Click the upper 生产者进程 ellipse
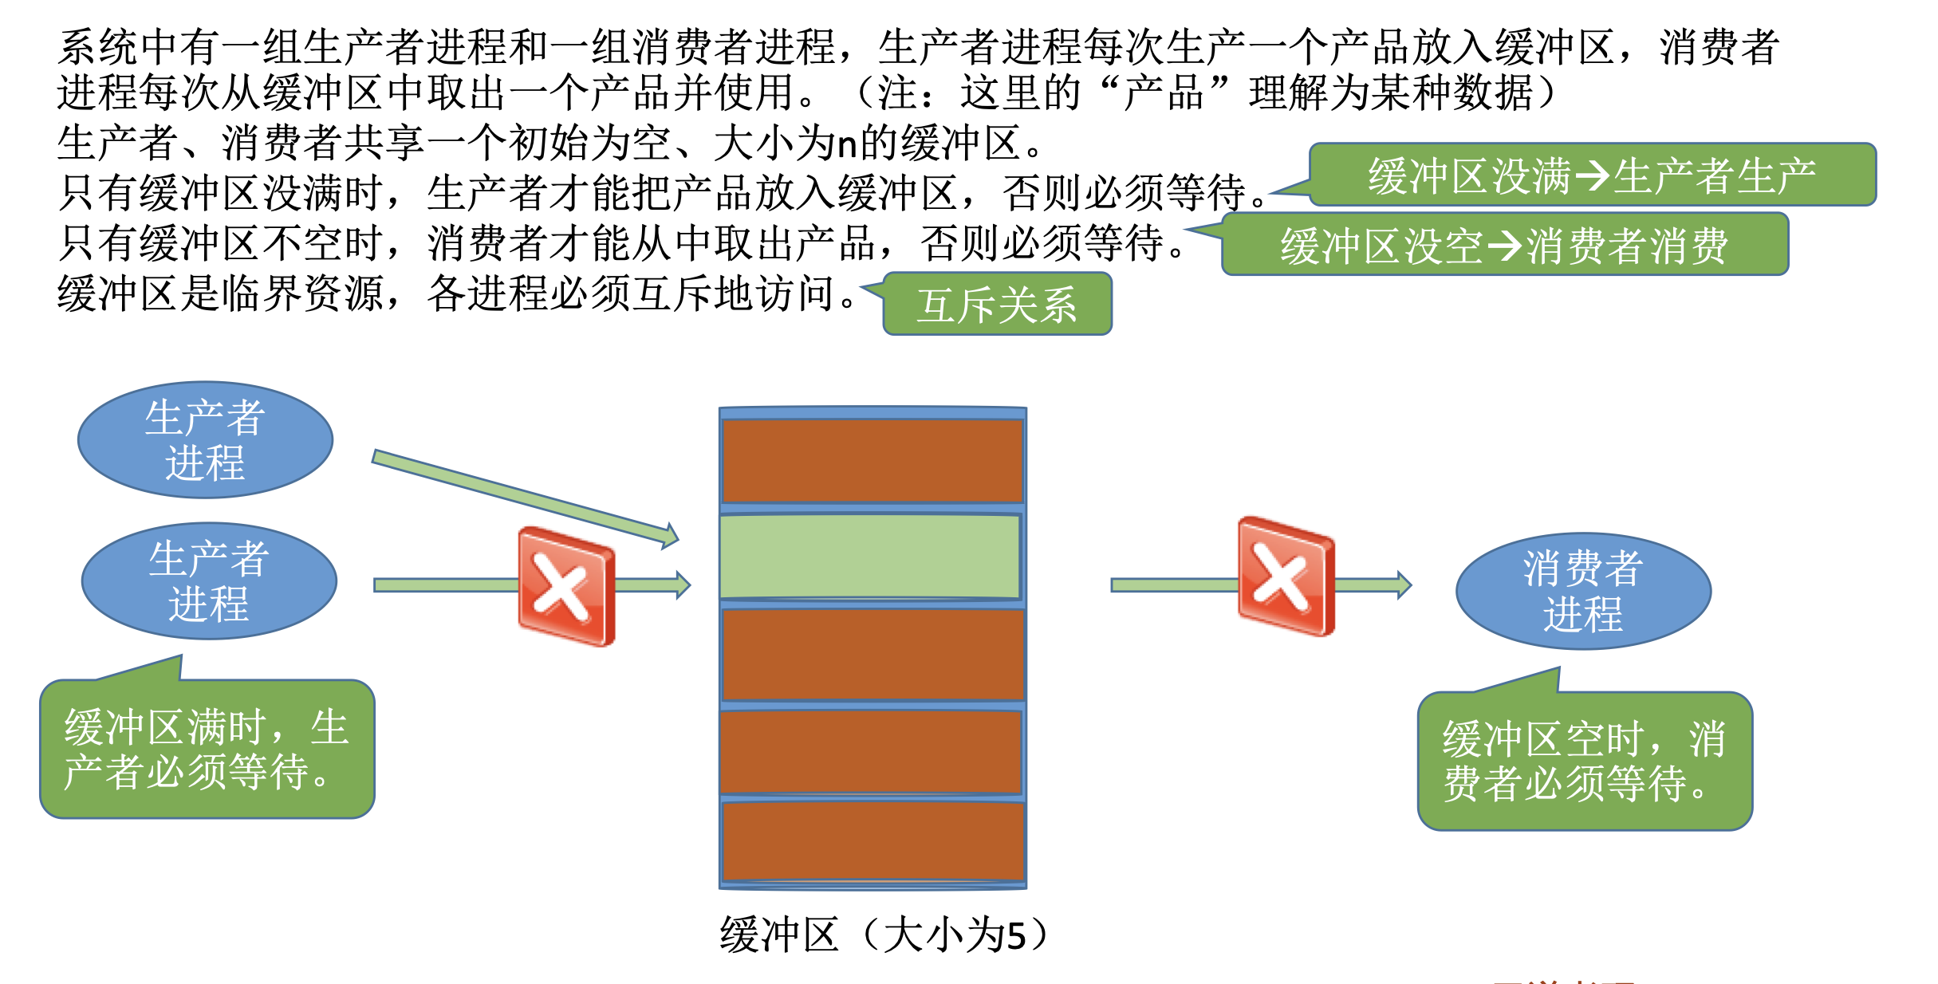(205, 440)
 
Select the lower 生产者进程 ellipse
(209, 581)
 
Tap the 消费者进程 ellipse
(1583, 591)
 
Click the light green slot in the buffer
(870, 556)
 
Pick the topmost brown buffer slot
(872, 461)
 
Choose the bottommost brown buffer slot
(872, 840)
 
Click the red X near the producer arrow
(565, 586)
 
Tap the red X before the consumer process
(1285, 577)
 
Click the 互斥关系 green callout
(997, 305)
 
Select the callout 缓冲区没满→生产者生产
(1592, 175)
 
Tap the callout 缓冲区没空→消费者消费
(1504, 245)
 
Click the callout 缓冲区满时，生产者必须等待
(207, 749)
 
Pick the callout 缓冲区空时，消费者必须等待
(1584, 761)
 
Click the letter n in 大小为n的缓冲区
(847, 144)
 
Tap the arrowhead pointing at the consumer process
(1403, 585)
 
